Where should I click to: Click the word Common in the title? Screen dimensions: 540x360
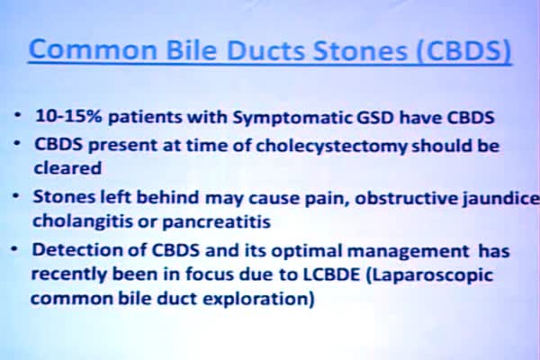pyautogui.click(x=93, y=49)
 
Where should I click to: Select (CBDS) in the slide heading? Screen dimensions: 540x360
pyautogui.click(x=463, y=50)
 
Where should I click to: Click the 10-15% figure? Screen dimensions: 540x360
pyautogui.click(x=69, y=116)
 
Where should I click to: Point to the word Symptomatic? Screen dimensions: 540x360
pyautogui.click(x=292, y=118)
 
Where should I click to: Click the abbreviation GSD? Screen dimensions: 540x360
pyautogui.click(x=374, y=118)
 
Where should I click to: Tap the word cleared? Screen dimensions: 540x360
pyautogui.click(x=67, y=168)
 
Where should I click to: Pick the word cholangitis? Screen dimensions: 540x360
pyautogui.click(x=83, y=221)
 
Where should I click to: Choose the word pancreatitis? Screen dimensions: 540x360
pyautogui.click(x=216, y=222)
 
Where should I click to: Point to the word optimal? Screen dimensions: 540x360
pyautogui.click(x=307, y=251)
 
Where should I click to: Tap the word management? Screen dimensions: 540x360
pyautogui.click(x=408, y=251)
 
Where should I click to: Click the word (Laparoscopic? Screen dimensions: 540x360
pyautogui.click(x=429, y=276)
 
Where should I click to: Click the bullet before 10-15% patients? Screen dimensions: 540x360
pyautogui.click(x=17, y=114)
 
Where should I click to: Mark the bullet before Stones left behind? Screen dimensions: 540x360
pyautogui.click(x=16, y=195)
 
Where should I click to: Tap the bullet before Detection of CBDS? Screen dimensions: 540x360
pyautogui.click(x=14, y=248)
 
